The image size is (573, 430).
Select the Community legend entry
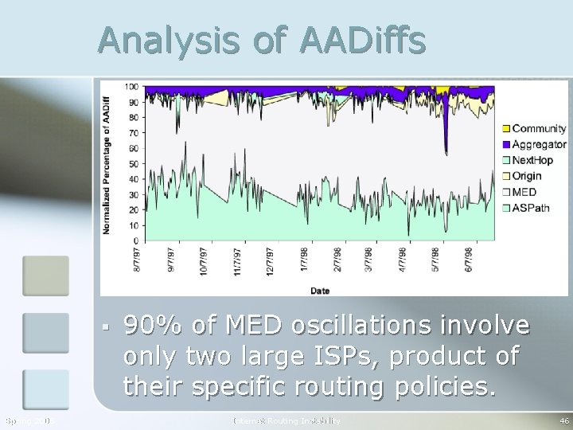point(538,128)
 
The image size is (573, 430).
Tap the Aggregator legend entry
point(539,144)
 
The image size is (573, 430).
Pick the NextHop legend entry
point(532,160)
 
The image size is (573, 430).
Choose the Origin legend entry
point(526,176)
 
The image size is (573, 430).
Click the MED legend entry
point(524,192)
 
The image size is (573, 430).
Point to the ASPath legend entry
point(529,208)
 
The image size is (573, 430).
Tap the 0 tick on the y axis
point(136,240)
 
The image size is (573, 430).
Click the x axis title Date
point(320,291)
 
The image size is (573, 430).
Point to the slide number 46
point(564,420)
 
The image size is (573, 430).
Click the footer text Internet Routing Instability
point(286,420)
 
